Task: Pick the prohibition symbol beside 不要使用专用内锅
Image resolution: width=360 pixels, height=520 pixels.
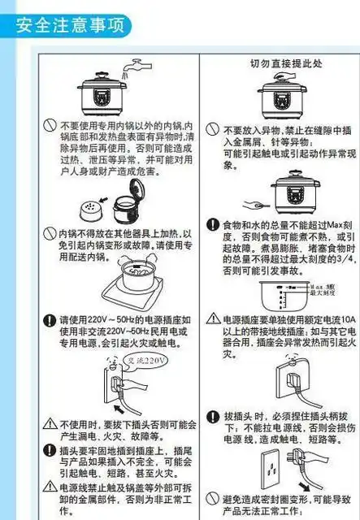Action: coord(50,127)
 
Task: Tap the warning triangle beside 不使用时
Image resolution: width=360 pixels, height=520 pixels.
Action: coord(50,424)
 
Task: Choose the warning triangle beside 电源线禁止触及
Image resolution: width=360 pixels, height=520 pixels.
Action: coord(50,487)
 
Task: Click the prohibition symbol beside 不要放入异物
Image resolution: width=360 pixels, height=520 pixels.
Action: coord(213,129)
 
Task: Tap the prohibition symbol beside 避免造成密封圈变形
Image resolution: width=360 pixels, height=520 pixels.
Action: coord(213,498)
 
